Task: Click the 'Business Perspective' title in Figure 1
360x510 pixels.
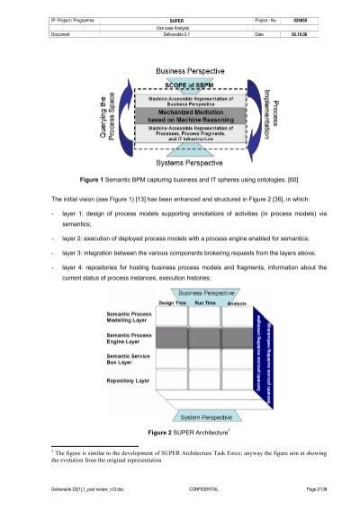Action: coord(183,68)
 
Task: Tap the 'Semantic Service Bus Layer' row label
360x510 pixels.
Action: coord(121,361)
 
